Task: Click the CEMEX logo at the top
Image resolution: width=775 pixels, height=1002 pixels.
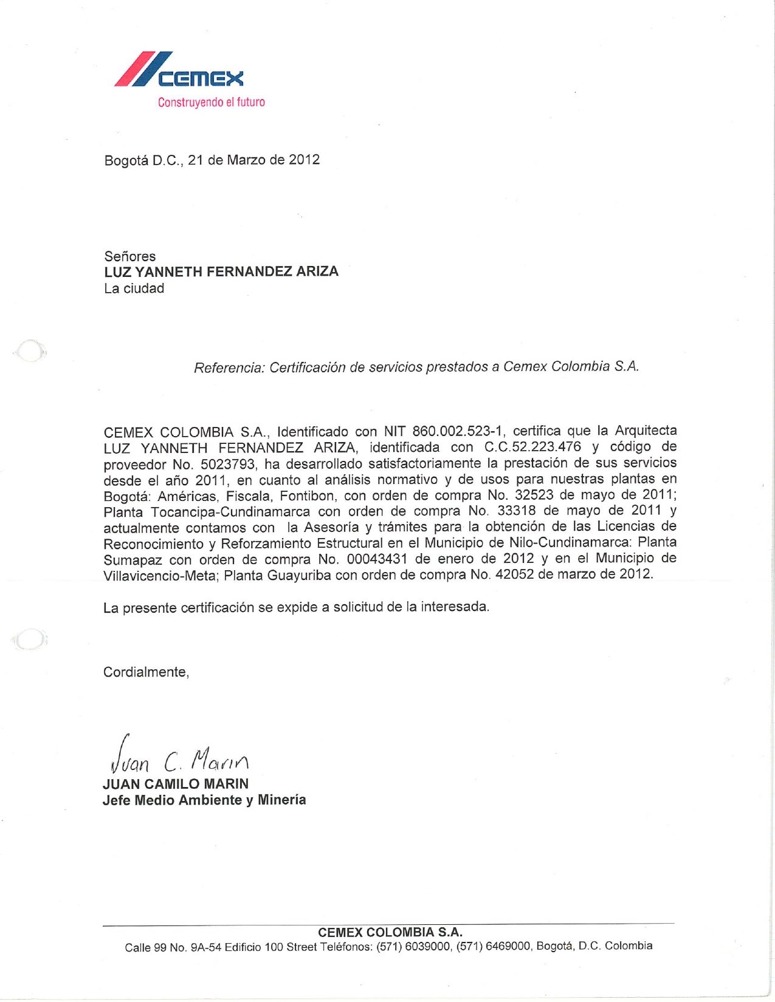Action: [179, 70]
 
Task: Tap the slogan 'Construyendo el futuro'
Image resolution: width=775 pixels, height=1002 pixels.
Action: [211, 102]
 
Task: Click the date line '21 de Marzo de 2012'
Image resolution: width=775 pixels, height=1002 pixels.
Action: [253, 160]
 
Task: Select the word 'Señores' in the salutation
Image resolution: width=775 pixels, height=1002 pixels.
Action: [129, 256]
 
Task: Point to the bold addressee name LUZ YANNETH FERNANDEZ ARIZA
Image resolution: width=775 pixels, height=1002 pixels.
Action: [221, 271]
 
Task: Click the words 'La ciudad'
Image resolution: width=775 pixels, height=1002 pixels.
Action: [134, 288]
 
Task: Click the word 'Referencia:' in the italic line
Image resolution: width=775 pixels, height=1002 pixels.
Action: [229, 368]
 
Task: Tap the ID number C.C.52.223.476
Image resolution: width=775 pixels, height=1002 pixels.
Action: [532, 448]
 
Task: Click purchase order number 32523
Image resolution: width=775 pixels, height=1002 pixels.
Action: [534, 495]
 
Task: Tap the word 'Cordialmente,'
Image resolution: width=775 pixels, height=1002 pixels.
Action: [146, 672]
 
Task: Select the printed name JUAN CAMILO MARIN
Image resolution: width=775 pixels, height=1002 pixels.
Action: [176, 784]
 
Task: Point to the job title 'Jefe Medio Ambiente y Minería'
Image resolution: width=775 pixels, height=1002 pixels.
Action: [204, 800]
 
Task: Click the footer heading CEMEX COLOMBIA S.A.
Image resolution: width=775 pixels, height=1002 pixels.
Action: [390, 932]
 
